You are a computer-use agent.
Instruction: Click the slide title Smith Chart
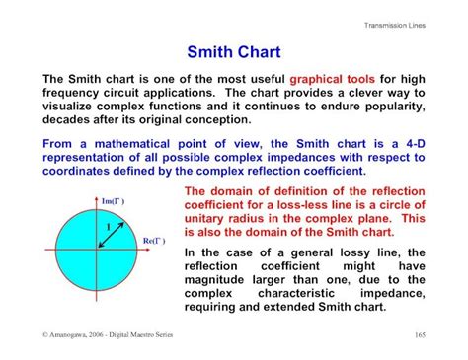coord(233,51)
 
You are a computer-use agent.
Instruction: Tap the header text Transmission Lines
coord(395,24)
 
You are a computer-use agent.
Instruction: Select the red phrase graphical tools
coord(333,79)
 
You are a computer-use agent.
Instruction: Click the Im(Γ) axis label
coord(113,201)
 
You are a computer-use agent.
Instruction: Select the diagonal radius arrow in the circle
coord(111,233)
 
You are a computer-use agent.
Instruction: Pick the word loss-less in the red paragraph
coord(304,205)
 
